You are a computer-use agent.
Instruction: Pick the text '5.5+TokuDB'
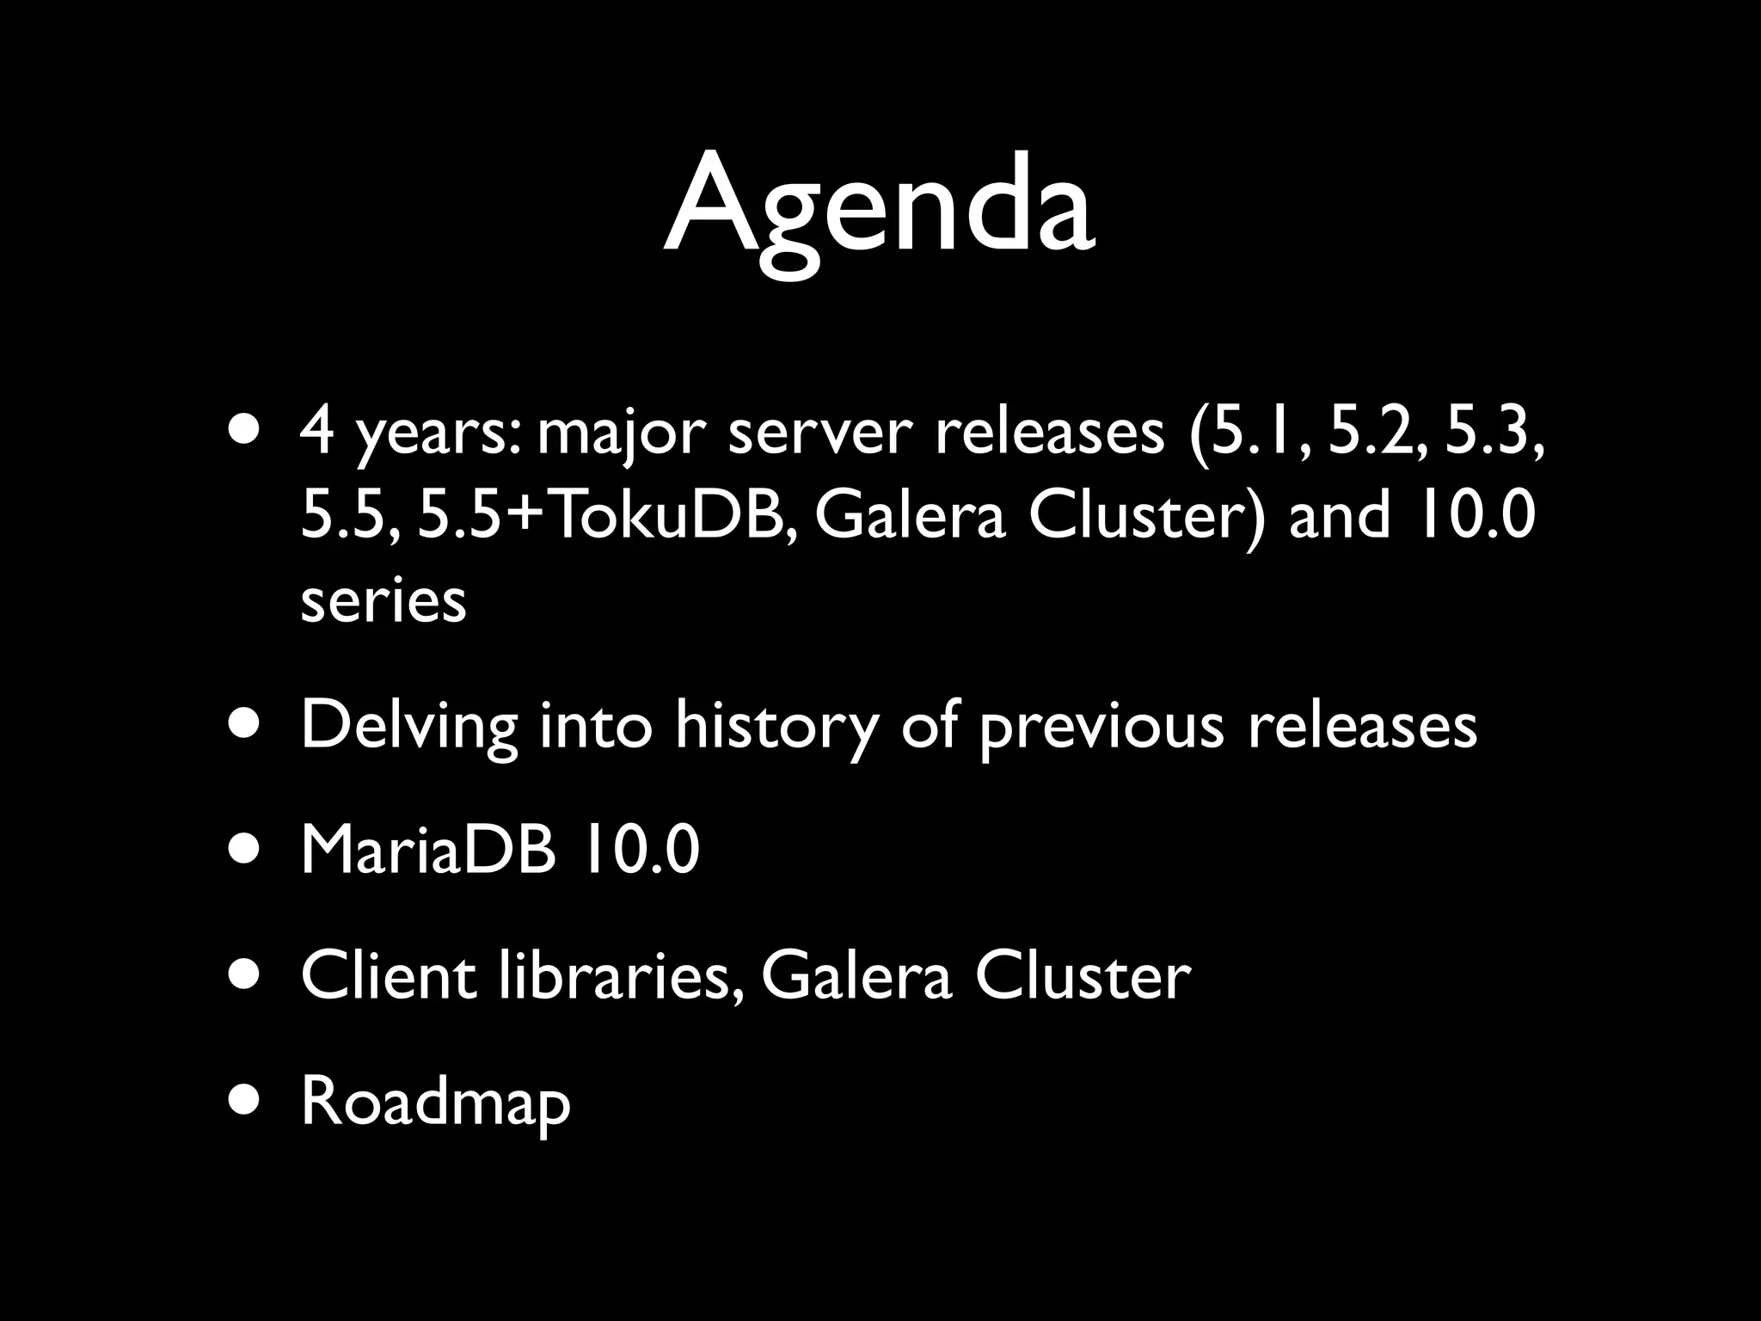pyautogui.click(x=607, y=515)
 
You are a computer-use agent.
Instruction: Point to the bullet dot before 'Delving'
pyautogui.click(x=246, y=723)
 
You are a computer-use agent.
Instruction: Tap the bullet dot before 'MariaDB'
pyautogui.click(x=246, y=850)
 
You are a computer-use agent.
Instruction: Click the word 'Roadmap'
pyautogui.click(x=435, y=1103)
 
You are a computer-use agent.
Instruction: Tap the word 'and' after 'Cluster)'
pyautogui.click(x=1338, y=515)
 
